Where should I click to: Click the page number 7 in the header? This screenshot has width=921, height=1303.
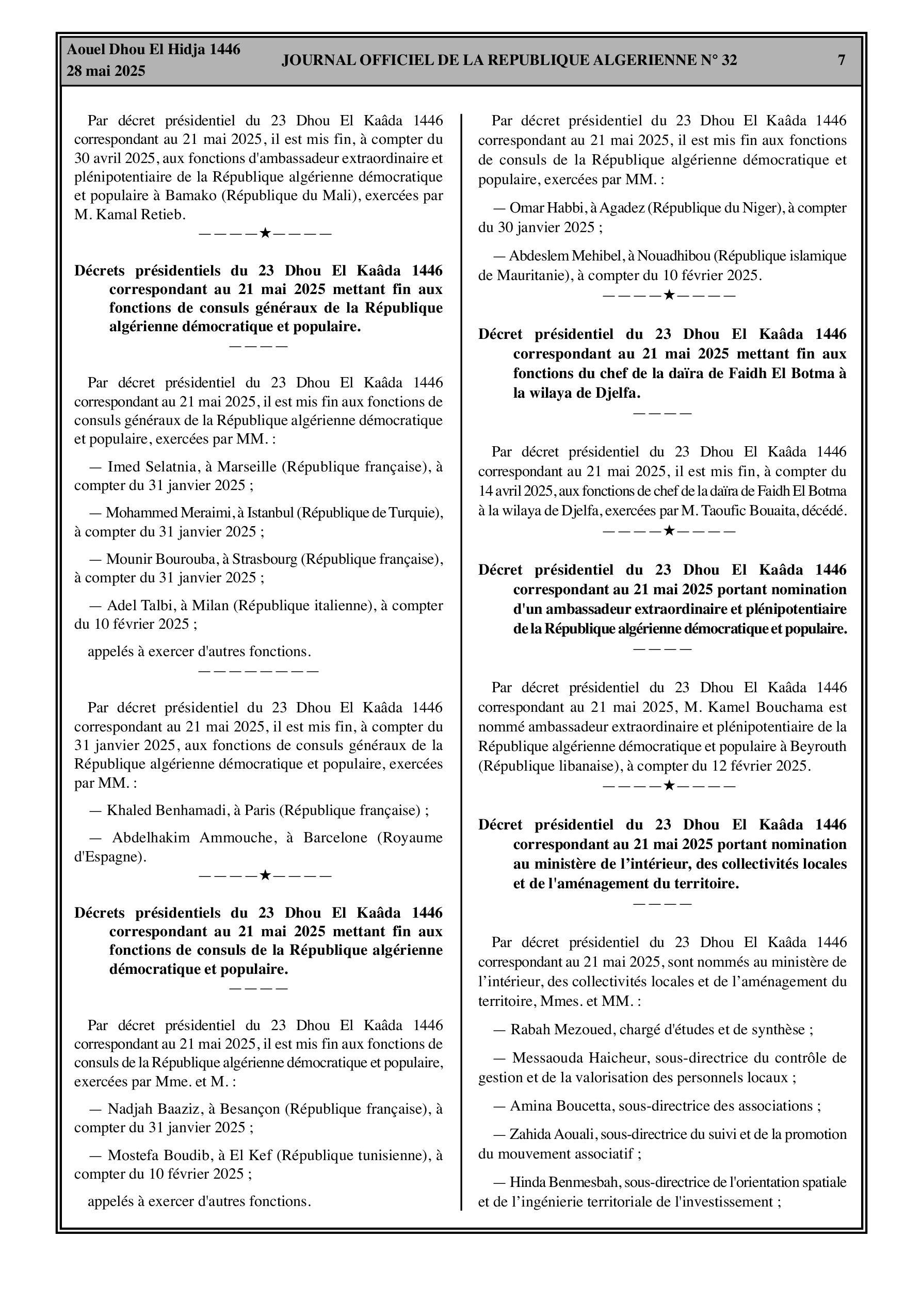[x=842, y=60]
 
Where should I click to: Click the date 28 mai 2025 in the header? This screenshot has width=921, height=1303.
[x=106, y=71]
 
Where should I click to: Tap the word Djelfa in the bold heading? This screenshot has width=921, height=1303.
[x=617, y=393]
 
